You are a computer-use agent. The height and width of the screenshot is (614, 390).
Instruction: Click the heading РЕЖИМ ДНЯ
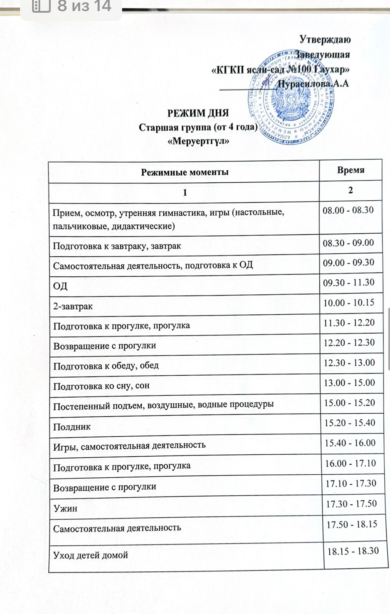tap(198, 113)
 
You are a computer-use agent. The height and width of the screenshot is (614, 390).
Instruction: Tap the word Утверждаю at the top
tap(325, 39)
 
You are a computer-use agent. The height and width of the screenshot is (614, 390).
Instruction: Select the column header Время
tap(350, 170)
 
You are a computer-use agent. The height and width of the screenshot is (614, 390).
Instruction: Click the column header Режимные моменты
tap(185, 172)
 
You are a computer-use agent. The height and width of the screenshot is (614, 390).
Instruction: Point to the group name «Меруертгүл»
tap(199, 141)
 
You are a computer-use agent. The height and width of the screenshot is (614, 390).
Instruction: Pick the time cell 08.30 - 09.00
tap(348, 243)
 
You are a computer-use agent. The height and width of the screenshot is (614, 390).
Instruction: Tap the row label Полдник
tap(72, 427)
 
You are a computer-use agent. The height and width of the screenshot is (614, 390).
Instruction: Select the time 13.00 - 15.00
tap(349, 383)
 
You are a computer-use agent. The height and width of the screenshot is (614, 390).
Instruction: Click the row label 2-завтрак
tap(73, 306)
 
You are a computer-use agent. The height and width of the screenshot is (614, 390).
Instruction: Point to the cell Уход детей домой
tap(91, 555)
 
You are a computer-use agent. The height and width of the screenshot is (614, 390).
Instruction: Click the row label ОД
tap(60, 286)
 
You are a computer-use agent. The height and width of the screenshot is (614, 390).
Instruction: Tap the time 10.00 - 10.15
tap(349, 303)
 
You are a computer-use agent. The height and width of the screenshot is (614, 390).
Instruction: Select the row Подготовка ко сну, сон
tap(101, 386)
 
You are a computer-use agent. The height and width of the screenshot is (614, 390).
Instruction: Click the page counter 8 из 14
tap(84, 6)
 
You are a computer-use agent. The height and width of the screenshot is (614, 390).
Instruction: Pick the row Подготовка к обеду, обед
tap(106, 366)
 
